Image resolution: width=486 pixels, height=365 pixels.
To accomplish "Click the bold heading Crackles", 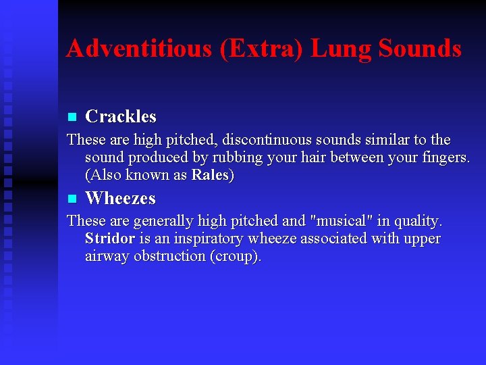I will pyautogui.click(x=121, y=117).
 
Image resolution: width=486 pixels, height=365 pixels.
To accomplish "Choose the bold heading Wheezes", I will pyautogui.click(x=120, y=199).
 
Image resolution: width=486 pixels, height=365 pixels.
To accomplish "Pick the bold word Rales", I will pyautogui.click(x=211, y=175).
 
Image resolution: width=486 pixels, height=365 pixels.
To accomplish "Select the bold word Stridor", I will pyautogui.click(x=110, y=239).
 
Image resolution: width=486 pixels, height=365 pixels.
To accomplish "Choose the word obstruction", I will pyautogui.click(x=171, y=256).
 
